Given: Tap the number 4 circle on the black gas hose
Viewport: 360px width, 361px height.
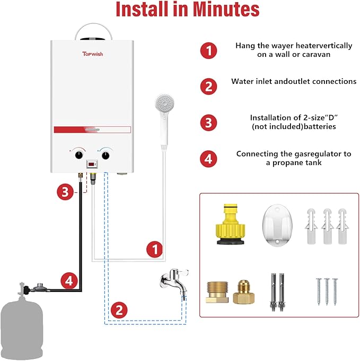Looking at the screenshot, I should [x=68, y=280].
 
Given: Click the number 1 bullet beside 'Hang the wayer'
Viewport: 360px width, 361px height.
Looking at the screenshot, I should [x=209, y=51].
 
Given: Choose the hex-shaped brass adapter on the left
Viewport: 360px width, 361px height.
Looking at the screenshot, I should [x=216, y=291].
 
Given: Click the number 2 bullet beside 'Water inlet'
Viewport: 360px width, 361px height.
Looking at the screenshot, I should [x=209, y=86].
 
